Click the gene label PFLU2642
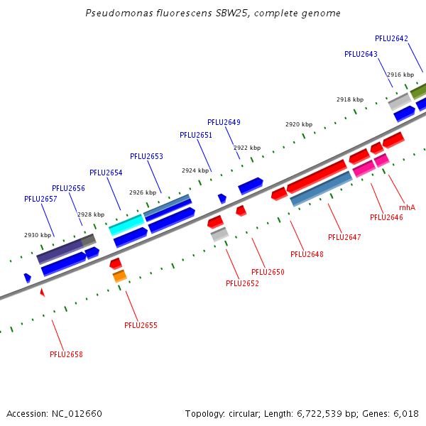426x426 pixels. pos(391,39)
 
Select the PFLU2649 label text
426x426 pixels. pos(224,123)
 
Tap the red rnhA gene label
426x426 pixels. pos(407,207)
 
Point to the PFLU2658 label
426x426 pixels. pos(66,354)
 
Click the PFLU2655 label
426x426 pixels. pos(141,325)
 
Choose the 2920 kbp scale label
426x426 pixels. pos(299,124)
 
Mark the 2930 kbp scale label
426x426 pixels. pos(38,235)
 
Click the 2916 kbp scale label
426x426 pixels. pos(400,75)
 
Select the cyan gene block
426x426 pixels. pos(126,225)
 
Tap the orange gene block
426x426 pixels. pos(119,276)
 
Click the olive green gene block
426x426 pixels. pos(418,92)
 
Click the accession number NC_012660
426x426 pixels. pos(77,414)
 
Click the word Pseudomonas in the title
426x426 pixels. pos(119,13)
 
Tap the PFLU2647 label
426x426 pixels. pos(344,237)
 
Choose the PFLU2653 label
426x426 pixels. pos(146,156)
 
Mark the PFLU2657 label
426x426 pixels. pos(40,199)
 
